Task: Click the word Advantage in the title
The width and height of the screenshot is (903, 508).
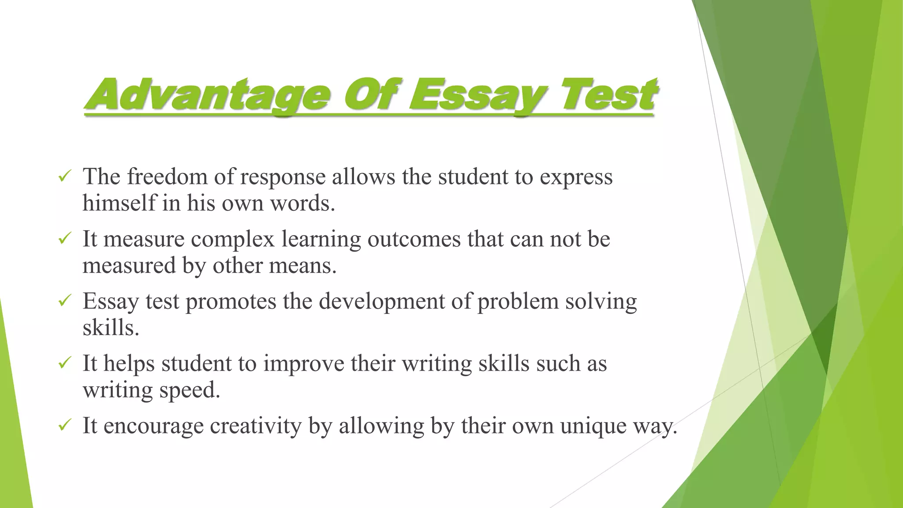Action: pos(207,95)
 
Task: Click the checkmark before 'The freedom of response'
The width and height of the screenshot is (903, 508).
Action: pos(65,177)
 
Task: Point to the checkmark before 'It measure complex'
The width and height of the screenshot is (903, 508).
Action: pos(65,239)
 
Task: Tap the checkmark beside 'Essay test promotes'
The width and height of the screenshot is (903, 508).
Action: pos(65,301)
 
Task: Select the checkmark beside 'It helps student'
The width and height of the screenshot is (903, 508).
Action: pos(65,363)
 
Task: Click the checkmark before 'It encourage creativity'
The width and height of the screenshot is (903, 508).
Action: pos(65,426)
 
